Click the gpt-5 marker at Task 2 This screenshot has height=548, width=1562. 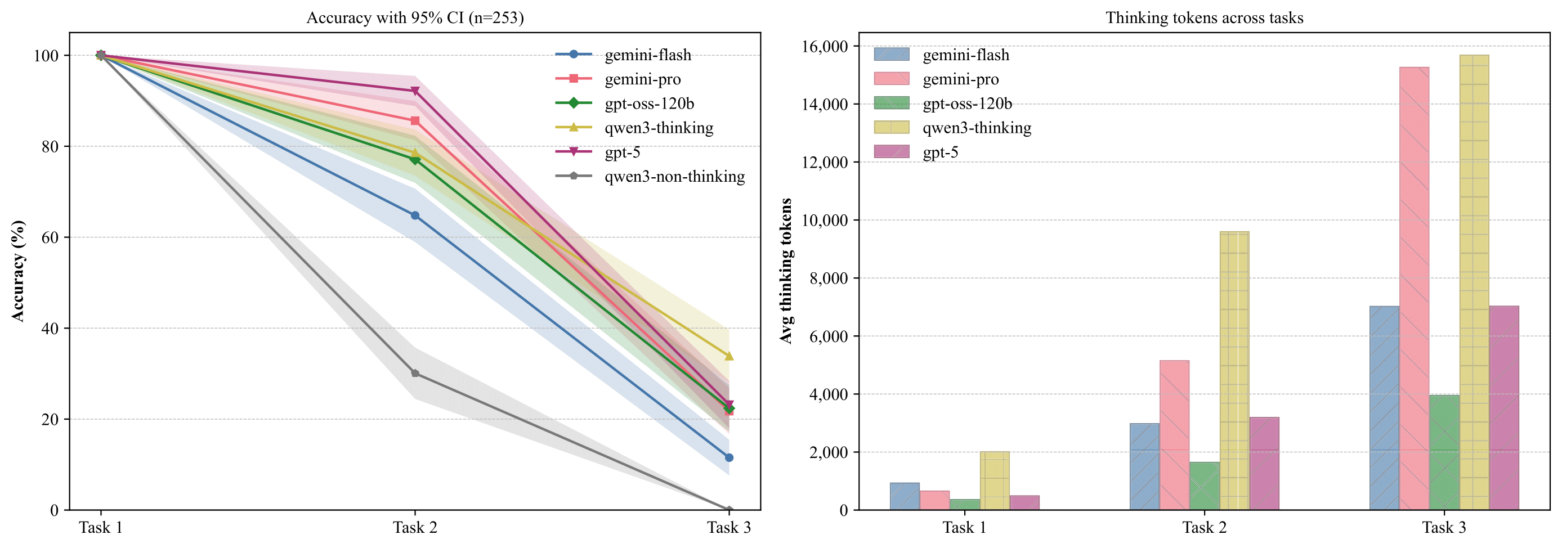click(415, 91)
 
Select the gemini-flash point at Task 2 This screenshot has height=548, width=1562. click(415, 215)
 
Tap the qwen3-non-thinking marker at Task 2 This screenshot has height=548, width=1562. click(415, 373)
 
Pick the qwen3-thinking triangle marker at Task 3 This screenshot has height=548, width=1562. click(729, 356)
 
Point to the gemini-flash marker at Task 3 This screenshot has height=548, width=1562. click(729, 457)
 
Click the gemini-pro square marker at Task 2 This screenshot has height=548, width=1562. click(415, 120)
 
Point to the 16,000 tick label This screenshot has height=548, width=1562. click(825, 46)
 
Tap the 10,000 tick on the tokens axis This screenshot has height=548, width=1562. click(825, 220)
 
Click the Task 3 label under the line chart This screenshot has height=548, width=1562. click(729, 527)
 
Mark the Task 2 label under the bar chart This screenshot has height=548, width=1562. click(1204, 527)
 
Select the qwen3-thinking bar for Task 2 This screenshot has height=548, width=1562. click(1234, 370)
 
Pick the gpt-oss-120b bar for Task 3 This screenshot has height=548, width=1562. click(1444, 452)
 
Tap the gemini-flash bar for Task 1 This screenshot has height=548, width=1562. click(905, 496)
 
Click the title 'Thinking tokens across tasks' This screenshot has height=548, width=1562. click(1204, 17)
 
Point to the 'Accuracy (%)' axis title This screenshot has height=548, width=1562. click(18, 271)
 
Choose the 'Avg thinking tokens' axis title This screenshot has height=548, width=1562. click(786, 271)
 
